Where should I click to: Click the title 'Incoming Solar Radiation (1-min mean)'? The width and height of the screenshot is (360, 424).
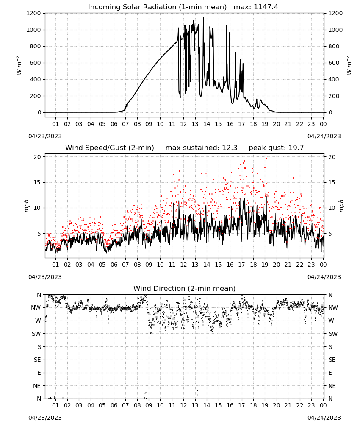tap(157, 7)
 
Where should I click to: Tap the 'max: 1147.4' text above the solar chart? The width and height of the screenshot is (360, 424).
tap(256, 7)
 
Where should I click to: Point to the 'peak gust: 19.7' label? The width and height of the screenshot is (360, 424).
tap(276, 148)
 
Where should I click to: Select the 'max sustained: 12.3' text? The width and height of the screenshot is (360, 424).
tap(201, 148)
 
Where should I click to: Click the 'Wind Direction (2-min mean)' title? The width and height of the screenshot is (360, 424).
tap(185, 288)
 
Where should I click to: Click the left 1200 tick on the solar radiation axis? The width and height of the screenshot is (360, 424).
tap(33, 13)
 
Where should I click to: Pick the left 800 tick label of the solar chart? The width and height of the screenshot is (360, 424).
tap(36, 46)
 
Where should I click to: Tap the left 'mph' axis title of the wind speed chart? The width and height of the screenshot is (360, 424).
tap(26, 206)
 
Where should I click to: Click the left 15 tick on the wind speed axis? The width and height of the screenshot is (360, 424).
tap(37, 182)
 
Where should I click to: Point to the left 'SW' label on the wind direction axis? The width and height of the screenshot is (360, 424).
tap(36, 334)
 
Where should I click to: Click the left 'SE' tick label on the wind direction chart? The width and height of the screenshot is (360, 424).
tap(37, 360)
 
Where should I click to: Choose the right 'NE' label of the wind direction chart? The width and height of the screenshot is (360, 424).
tap(332, 386)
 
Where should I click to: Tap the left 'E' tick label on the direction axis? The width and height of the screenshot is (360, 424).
tap(39, 373)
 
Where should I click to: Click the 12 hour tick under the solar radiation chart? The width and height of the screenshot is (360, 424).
tap(183, 124)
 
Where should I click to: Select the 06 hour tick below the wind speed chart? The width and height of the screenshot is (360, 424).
tap(114, 265)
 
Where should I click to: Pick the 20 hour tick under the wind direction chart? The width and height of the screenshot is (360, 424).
tap(276, 405)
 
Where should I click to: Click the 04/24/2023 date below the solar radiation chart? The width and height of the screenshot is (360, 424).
tap(324, 136)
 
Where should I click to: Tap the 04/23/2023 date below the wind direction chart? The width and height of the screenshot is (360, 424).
tap(45, 418)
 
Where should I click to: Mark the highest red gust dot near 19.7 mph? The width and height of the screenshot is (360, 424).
tap(266, 159)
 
